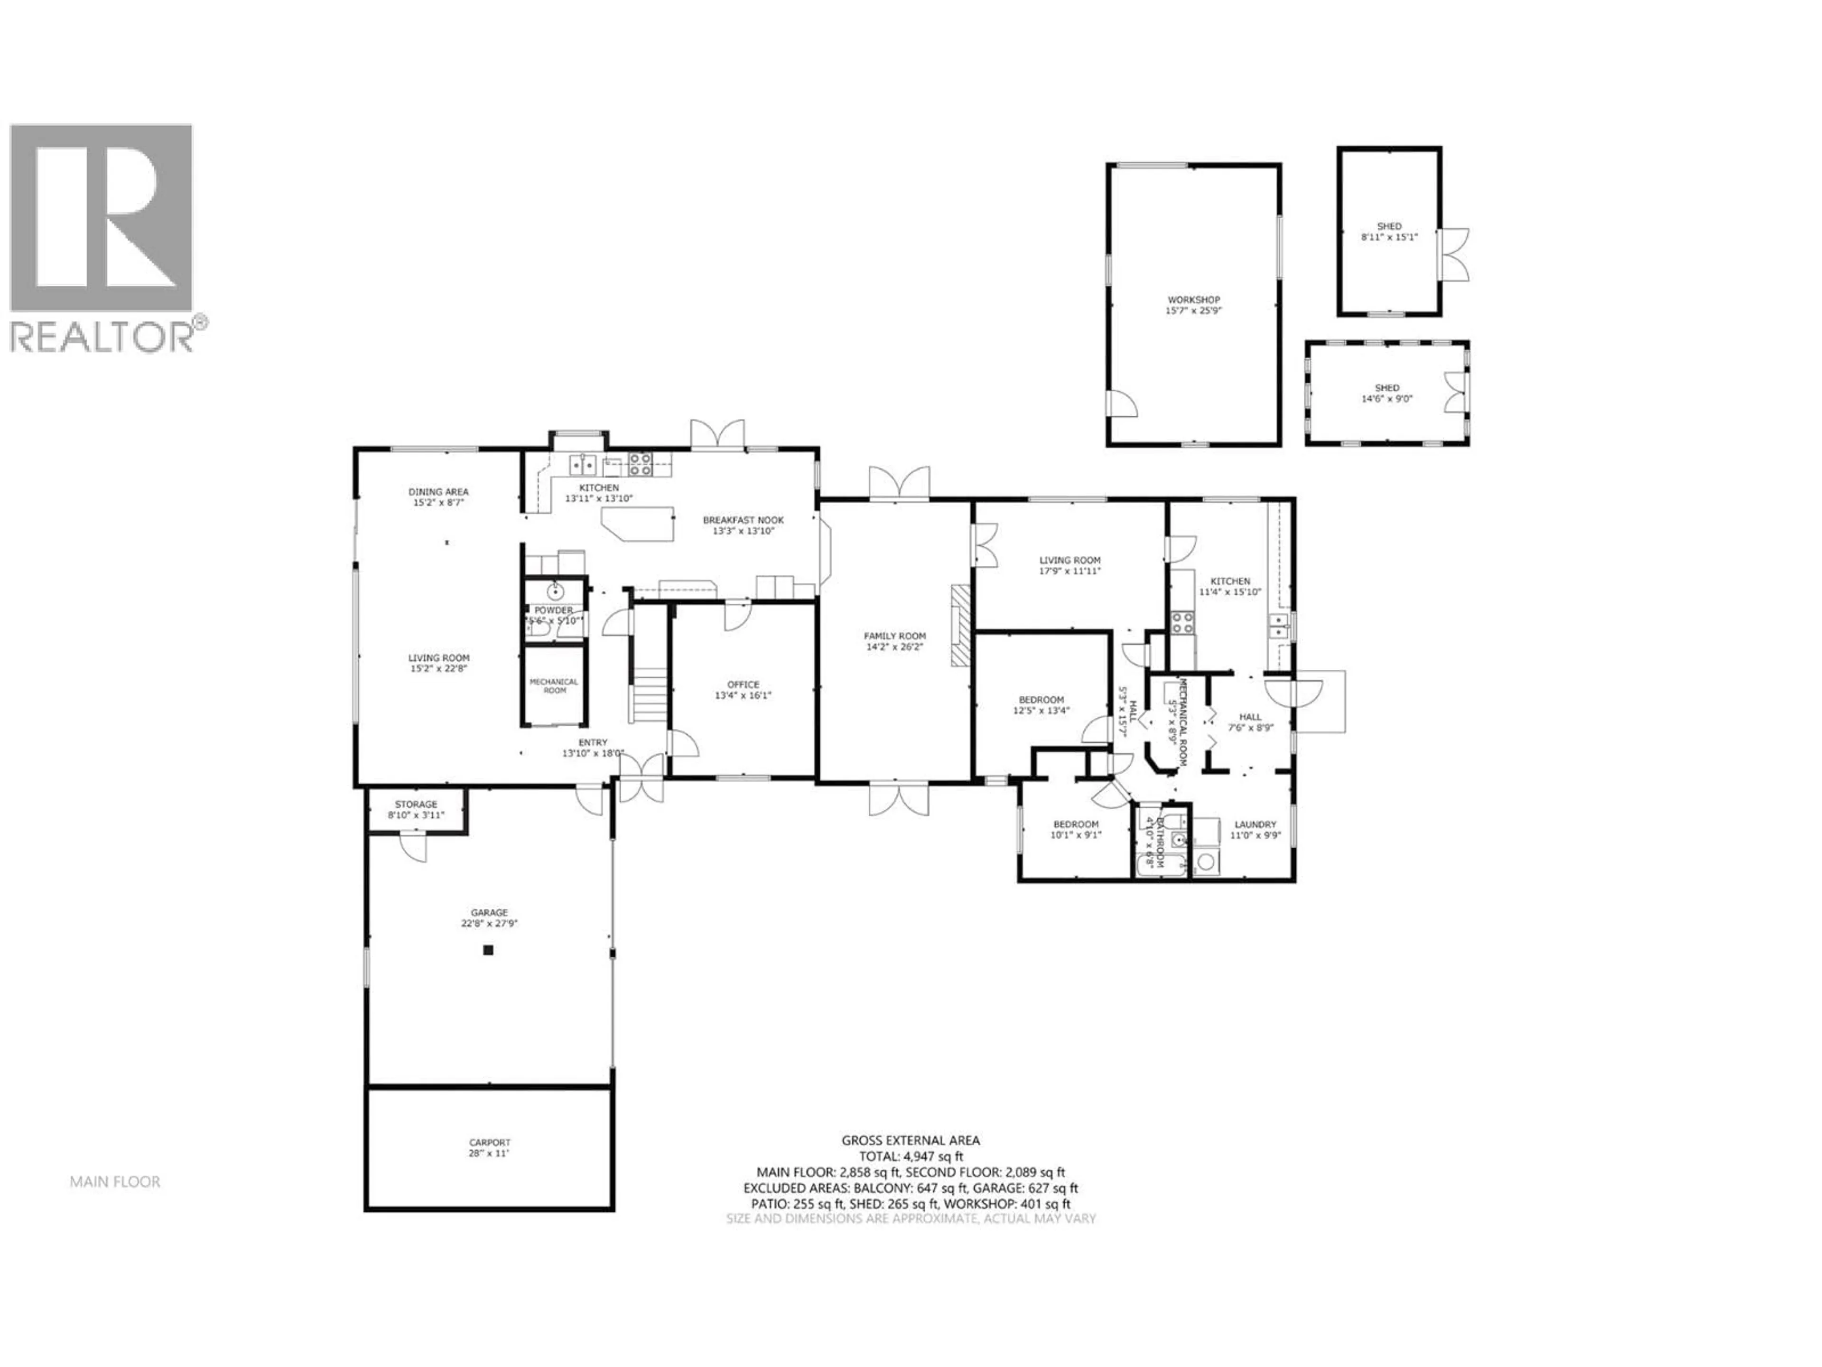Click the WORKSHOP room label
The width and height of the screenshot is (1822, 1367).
click(1193, 300)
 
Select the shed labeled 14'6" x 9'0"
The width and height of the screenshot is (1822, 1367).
click(1386, 393)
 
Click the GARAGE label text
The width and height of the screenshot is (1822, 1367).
click(489, 912)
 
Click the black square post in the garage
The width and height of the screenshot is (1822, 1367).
click(488, 950)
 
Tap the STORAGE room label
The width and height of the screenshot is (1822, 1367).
click(416, 804)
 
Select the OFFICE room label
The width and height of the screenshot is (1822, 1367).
click(743, 685)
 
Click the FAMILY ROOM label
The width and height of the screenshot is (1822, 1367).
click(894, 636)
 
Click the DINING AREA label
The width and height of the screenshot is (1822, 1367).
click(438, 492)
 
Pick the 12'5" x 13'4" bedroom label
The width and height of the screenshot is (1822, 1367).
click(1041, 700)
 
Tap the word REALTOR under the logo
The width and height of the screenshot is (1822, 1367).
click(102, 338)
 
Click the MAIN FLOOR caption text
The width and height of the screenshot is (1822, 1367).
click(115, 1181)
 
